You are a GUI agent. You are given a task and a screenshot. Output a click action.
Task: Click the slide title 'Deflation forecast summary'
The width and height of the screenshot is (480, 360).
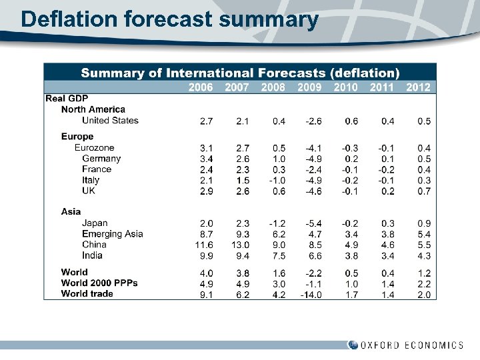(169, 19)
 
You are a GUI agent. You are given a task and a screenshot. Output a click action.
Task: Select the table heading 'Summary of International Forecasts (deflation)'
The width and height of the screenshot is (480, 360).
(240, 73)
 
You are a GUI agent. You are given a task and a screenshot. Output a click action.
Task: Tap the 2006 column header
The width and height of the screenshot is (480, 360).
(201, 87)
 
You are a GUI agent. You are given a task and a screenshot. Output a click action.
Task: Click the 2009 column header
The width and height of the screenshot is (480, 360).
(309, 87)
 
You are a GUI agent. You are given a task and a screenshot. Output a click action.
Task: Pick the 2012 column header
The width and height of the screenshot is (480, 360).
(418, 87)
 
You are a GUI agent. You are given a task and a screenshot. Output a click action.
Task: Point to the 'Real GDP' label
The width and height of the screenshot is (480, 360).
(67, 99)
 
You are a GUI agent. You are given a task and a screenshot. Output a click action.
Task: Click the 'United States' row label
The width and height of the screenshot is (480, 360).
(110, 121)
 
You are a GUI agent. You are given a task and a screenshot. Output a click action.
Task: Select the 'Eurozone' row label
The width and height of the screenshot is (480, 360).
(94, 147)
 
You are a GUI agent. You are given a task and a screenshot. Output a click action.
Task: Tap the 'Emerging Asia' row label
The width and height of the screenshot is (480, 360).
(112, 234)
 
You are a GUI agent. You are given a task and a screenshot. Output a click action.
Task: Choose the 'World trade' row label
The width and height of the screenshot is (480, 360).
(87, 294)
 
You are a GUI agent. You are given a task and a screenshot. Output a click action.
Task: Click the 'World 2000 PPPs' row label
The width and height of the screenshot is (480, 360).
(99, 283)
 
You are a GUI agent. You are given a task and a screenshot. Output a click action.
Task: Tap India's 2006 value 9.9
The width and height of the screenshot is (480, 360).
(206, 255)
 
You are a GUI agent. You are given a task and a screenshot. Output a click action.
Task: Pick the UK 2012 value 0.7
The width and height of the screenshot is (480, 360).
(423, 191)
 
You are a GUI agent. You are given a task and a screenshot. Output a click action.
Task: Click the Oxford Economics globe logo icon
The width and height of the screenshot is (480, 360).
(353, 345)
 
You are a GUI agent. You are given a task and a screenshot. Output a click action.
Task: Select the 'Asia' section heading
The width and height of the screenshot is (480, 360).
(71, 211)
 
